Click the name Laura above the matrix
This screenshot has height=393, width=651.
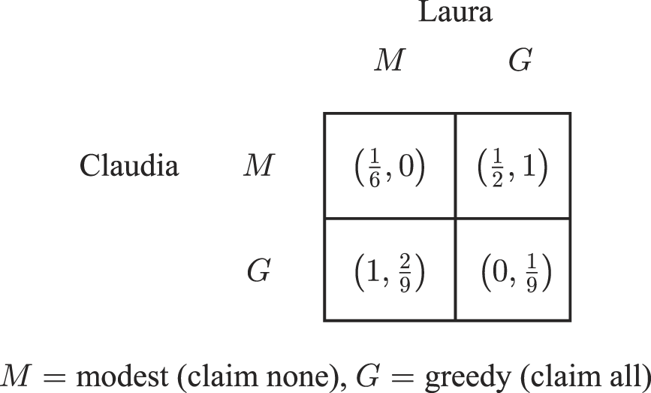455,13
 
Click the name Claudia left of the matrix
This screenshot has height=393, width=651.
129,165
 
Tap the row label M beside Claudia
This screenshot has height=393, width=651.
258,166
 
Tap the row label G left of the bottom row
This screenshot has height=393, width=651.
258,271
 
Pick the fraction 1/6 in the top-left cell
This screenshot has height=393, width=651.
375,168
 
